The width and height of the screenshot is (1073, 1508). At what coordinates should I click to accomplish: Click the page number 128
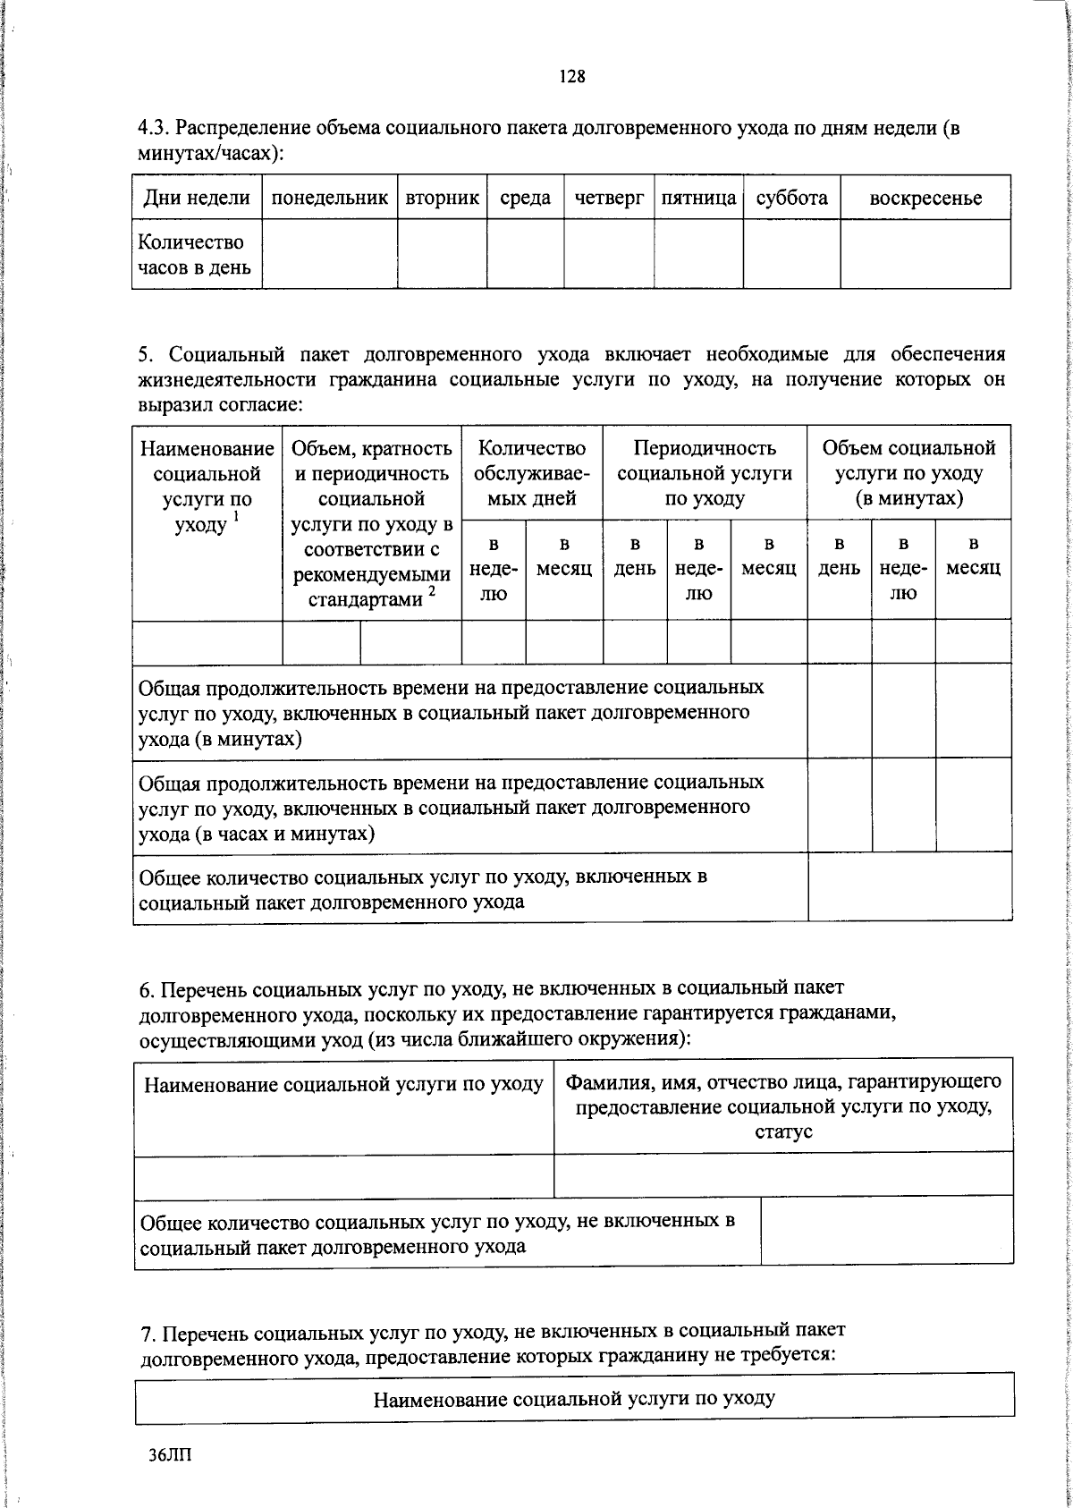pos(572,77)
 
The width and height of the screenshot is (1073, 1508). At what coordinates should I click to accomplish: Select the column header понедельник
pos(329,199)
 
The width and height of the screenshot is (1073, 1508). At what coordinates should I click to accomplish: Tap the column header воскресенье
pos(925,199)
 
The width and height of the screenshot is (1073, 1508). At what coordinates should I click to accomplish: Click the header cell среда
pos(525,199)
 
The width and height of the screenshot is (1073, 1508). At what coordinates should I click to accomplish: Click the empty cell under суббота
pos(791,255)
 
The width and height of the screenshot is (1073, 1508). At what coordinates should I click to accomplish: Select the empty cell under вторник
pos(442,255)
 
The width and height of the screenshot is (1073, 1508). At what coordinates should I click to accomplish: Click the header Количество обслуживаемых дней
pos(532,473)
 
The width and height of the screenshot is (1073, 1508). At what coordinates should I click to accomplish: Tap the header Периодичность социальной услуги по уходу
pos(705,473)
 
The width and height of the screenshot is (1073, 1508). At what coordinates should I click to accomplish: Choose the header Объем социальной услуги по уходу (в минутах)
pos(908,473)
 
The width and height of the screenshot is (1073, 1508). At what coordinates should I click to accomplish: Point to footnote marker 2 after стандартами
pos(432,591)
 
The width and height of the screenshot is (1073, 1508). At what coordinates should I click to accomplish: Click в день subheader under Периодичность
pos(635,556)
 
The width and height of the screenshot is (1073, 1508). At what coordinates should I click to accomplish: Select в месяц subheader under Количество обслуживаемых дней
pos(564,556)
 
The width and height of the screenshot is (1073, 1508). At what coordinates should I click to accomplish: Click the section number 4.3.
pos(153,129)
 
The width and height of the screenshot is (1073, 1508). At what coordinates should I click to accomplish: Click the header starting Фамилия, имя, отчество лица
pos(783,1106)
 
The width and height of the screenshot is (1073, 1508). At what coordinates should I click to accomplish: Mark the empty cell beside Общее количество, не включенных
pos(887,1230)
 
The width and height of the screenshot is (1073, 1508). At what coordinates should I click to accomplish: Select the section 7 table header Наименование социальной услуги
pos(574,1398)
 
